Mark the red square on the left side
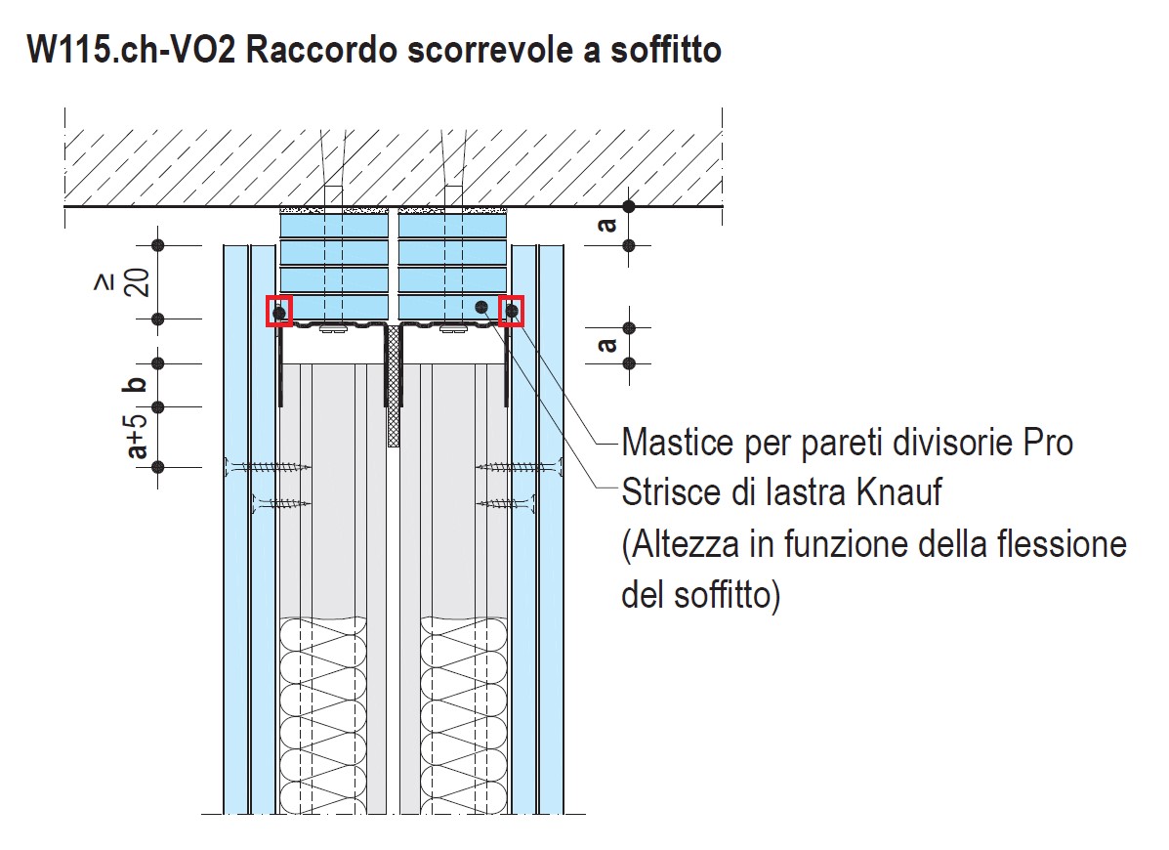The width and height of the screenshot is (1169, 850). [279, 312]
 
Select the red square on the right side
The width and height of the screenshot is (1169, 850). [512, 311]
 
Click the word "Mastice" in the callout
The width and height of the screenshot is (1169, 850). [677, 443]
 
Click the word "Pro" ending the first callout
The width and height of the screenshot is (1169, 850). [1049, 443]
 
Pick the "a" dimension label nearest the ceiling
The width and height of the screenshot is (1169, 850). [607, 225]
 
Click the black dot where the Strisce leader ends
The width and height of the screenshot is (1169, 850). [480, 307]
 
